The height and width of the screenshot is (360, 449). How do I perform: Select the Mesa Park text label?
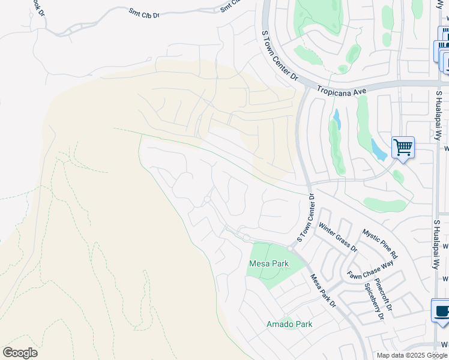(x=269, y=264)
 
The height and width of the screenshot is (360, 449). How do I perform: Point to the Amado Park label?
(x=289, y=324)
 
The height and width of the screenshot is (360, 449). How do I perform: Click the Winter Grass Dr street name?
(x=337, y=238)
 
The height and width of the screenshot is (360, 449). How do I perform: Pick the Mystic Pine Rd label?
(x=379, y=244)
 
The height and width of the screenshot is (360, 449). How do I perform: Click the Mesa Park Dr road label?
(x=322, y=291)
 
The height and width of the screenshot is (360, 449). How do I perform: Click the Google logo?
(x=20, y=353)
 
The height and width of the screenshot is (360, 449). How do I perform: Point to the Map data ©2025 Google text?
(x=411, y=355)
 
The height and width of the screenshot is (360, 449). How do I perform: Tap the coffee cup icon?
(x=442, y=311)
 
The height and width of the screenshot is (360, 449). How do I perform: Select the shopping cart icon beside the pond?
(x=403, y=147)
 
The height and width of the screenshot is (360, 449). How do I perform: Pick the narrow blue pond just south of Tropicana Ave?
(x=336, y=119)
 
